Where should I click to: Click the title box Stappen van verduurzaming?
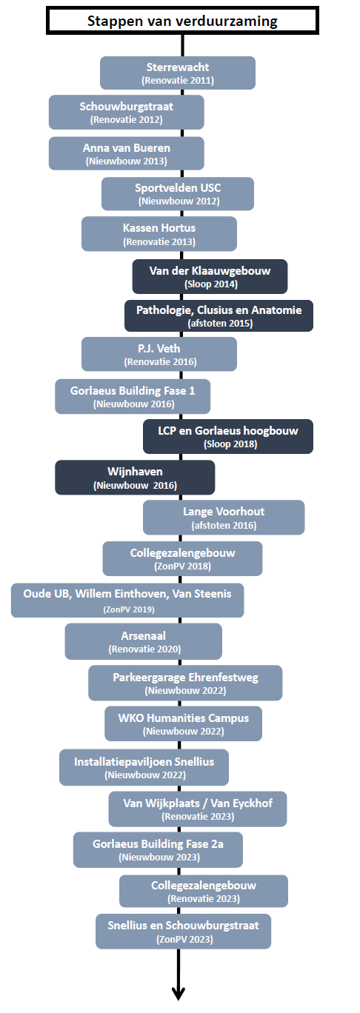pyautogui.click(x=182, y=20)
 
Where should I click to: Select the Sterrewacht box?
pyautogui.click(x=178, y=73)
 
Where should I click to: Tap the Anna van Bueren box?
pyautogui.click(x=126, y=154)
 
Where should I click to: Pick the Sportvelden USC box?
pyautogui.click(x=178, y=193)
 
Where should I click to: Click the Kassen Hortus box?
pyautogui.click(x=159, y=234)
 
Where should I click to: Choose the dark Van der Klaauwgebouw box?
pyautogui.click(x=210, y=276)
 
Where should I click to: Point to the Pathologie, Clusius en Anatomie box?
pyautogui.click(x=219, y=315)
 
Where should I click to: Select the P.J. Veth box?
pyautogui.click(x=159, y=354)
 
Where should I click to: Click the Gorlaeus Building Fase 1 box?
pyautogui.click(x=133, y=396)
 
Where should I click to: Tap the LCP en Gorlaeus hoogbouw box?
pyautogui.click(x=228, y=436)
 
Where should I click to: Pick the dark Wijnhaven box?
pyautogui.click(x=135, y=477)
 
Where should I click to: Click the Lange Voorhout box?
pyautogui.click(x=224, y=518)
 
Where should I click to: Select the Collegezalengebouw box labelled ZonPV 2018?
pyautogui.click(x=182, y=558)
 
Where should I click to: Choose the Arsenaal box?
pyautogui.click(x=144, y=641)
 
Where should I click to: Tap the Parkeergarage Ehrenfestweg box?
pyautogui.click(x=185, y=683)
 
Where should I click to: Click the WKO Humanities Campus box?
pyautogui.click(x=183, y=723)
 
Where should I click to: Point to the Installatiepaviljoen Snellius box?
pyautogui.click(x=144, y=767)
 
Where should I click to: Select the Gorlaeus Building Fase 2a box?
pyautogui.click(x=158, y=850)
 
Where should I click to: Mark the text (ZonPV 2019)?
pyautogui.click(x=129, y=609)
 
